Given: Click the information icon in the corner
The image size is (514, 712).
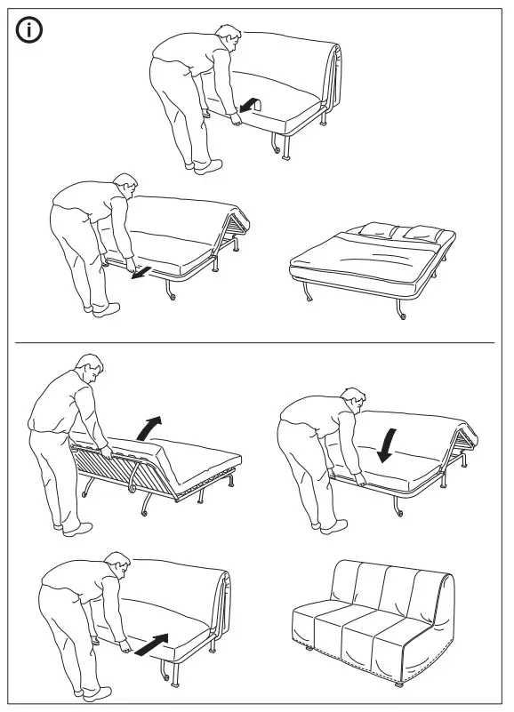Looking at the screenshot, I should coord(29,30).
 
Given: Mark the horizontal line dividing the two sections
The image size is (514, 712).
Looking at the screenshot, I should coord(256,342).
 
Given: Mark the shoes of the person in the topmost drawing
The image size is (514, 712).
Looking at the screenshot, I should coord(204,164).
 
